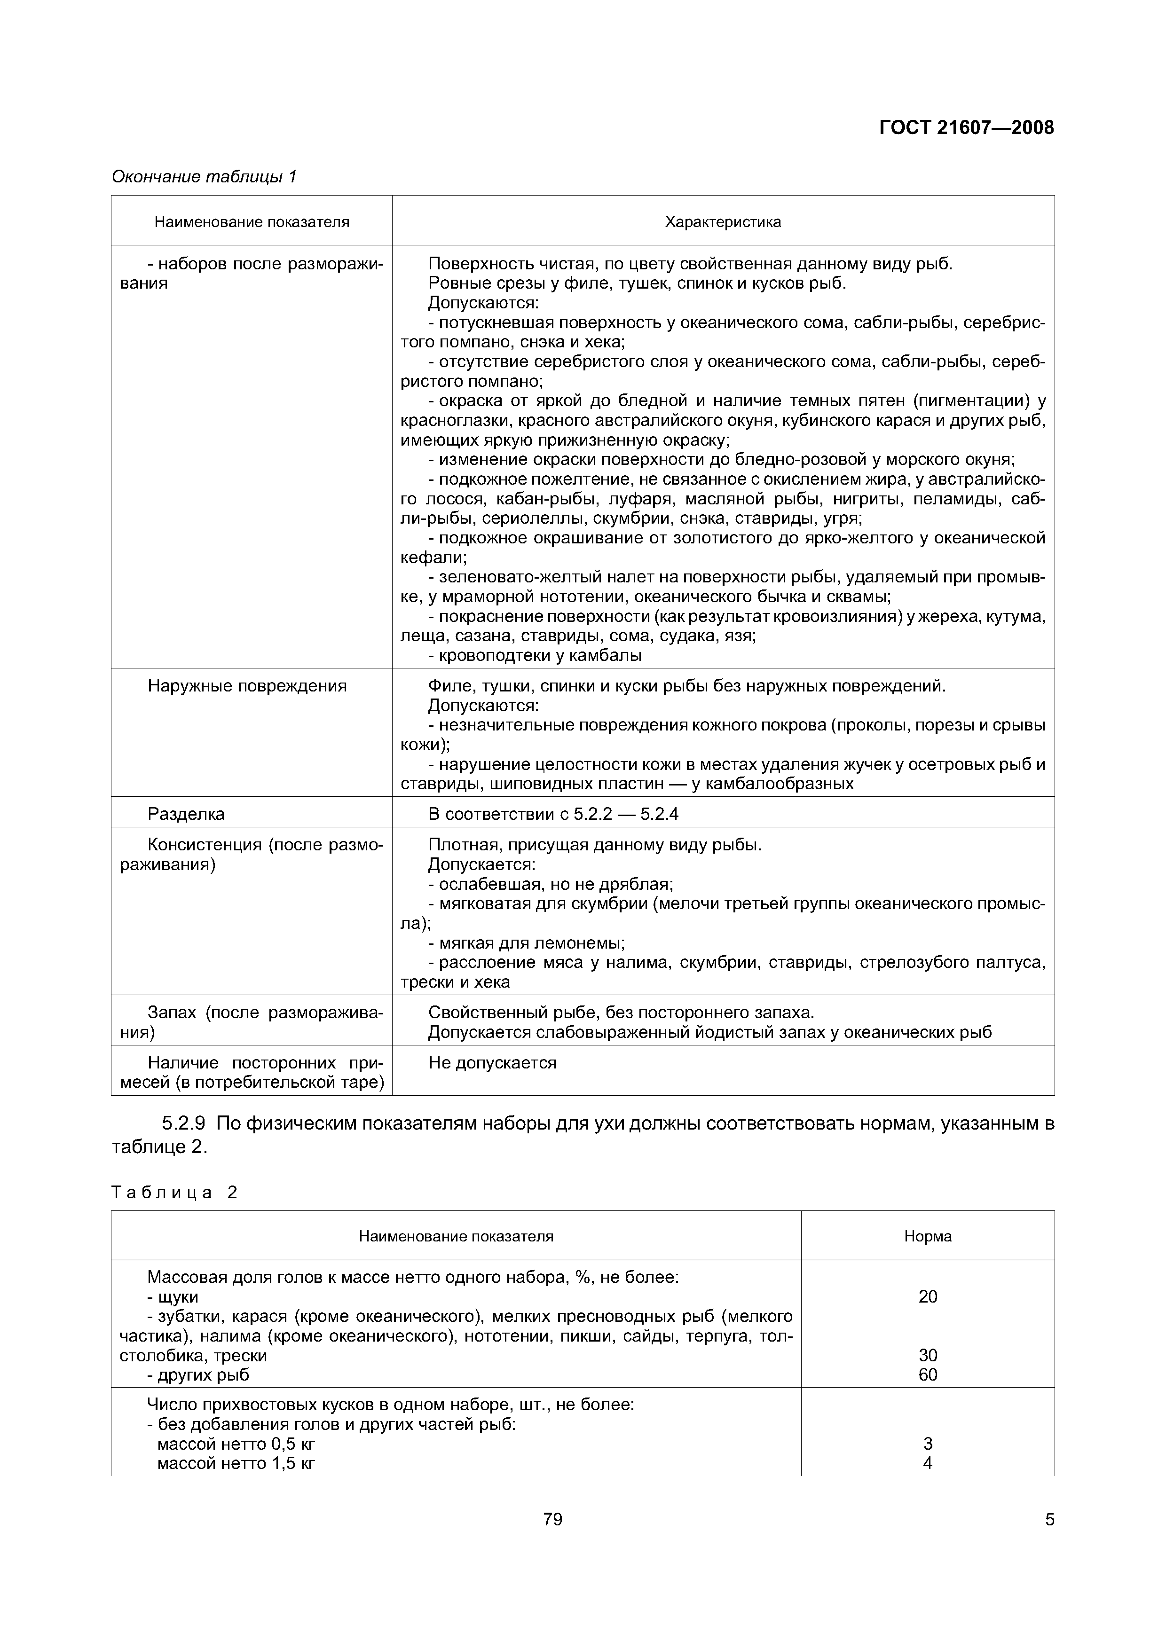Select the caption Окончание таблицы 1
click(x=204, y=177)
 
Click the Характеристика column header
click(x=722, y=222)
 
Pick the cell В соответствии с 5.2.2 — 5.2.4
click(x=553, y=814)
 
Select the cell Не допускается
click(x=492, y=1062)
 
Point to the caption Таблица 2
click(x=174, y=1192)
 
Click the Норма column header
click(x=928, y=1236)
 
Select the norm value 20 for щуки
click(x=928, y=1296)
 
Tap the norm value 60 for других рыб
click(x=928, y=1374)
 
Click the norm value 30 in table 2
click(x=928, y=1355)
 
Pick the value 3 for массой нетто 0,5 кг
click(x=928, y=1444)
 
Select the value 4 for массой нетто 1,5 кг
click(x=928, y=1463)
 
